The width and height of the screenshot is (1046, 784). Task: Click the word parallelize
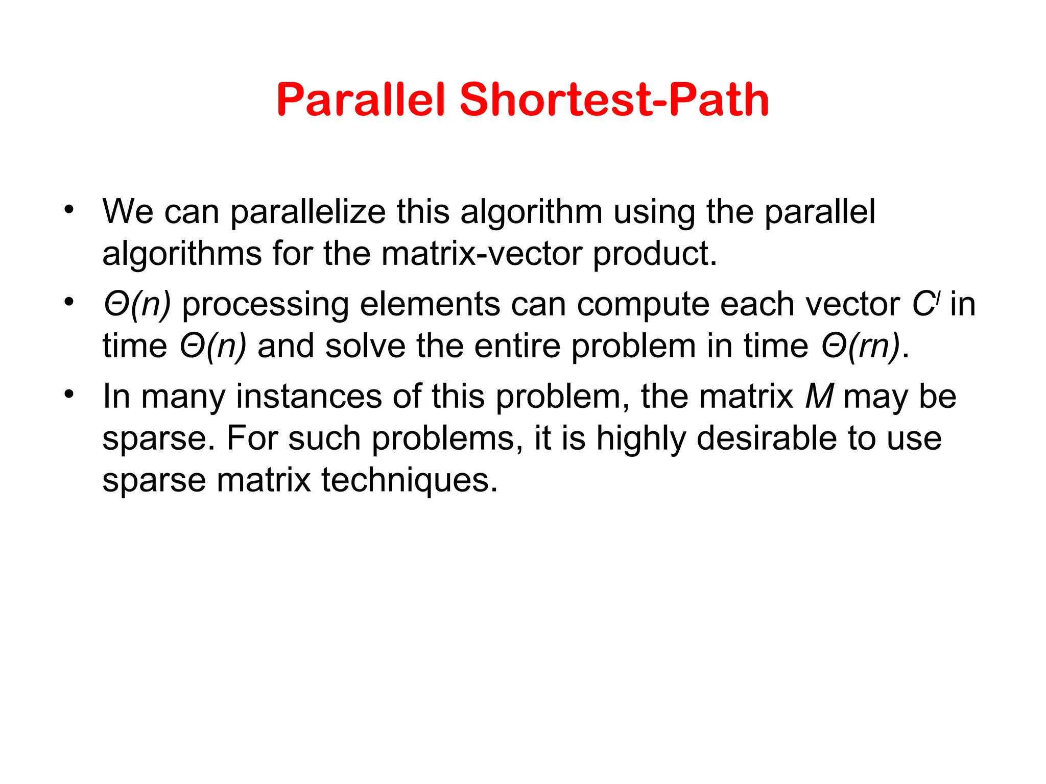pos(307,212)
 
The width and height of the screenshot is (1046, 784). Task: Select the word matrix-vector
pos(481,254)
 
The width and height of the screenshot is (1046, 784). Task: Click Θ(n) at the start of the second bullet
pos(137,305)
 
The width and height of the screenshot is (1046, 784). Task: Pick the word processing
pos(265,305)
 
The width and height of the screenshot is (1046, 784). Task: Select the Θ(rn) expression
pos(861,347)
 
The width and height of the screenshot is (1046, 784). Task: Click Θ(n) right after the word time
pos(213,347)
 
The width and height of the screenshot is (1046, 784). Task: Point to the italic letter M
pos(819,397)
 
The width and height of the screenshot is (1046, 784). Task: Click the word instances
pos(308,397)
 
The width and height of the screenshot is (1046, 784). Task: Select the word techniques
pos(409,480)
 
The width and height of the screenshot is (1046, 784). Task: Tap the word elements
pos(430,305)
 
